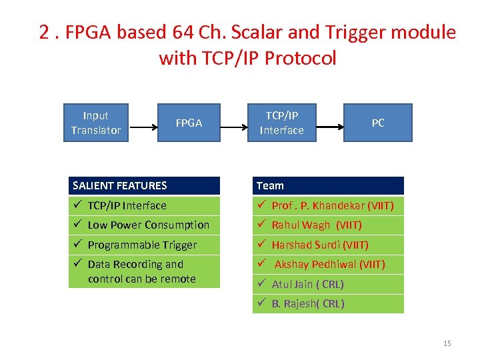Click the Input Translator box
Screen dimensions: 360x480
[95, 123]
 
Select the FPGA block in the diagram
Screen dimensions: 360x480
[189, 123]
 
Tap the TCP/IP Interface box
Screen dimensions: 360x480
[281, 123]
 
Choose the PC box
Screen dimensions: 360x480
[377, 123]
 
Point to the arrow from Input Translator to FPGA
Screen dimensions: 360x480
[142, 123]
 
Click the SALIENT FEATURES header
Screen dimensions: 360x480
[144, 185]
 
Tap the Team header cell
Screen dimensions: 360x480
[328, 185]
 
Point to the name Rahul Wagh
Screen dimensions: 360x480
[317, 225]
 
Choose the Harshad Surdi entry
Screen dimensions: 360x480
[320, 245]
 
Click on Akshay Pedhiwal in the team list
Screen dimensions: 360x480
[329, 265]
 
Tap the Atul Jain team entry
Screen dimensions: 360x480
[307, 284]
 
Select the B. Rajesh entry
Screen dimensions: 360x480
[308, 304]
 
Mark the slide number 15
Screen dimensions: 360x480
[447, 343]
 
